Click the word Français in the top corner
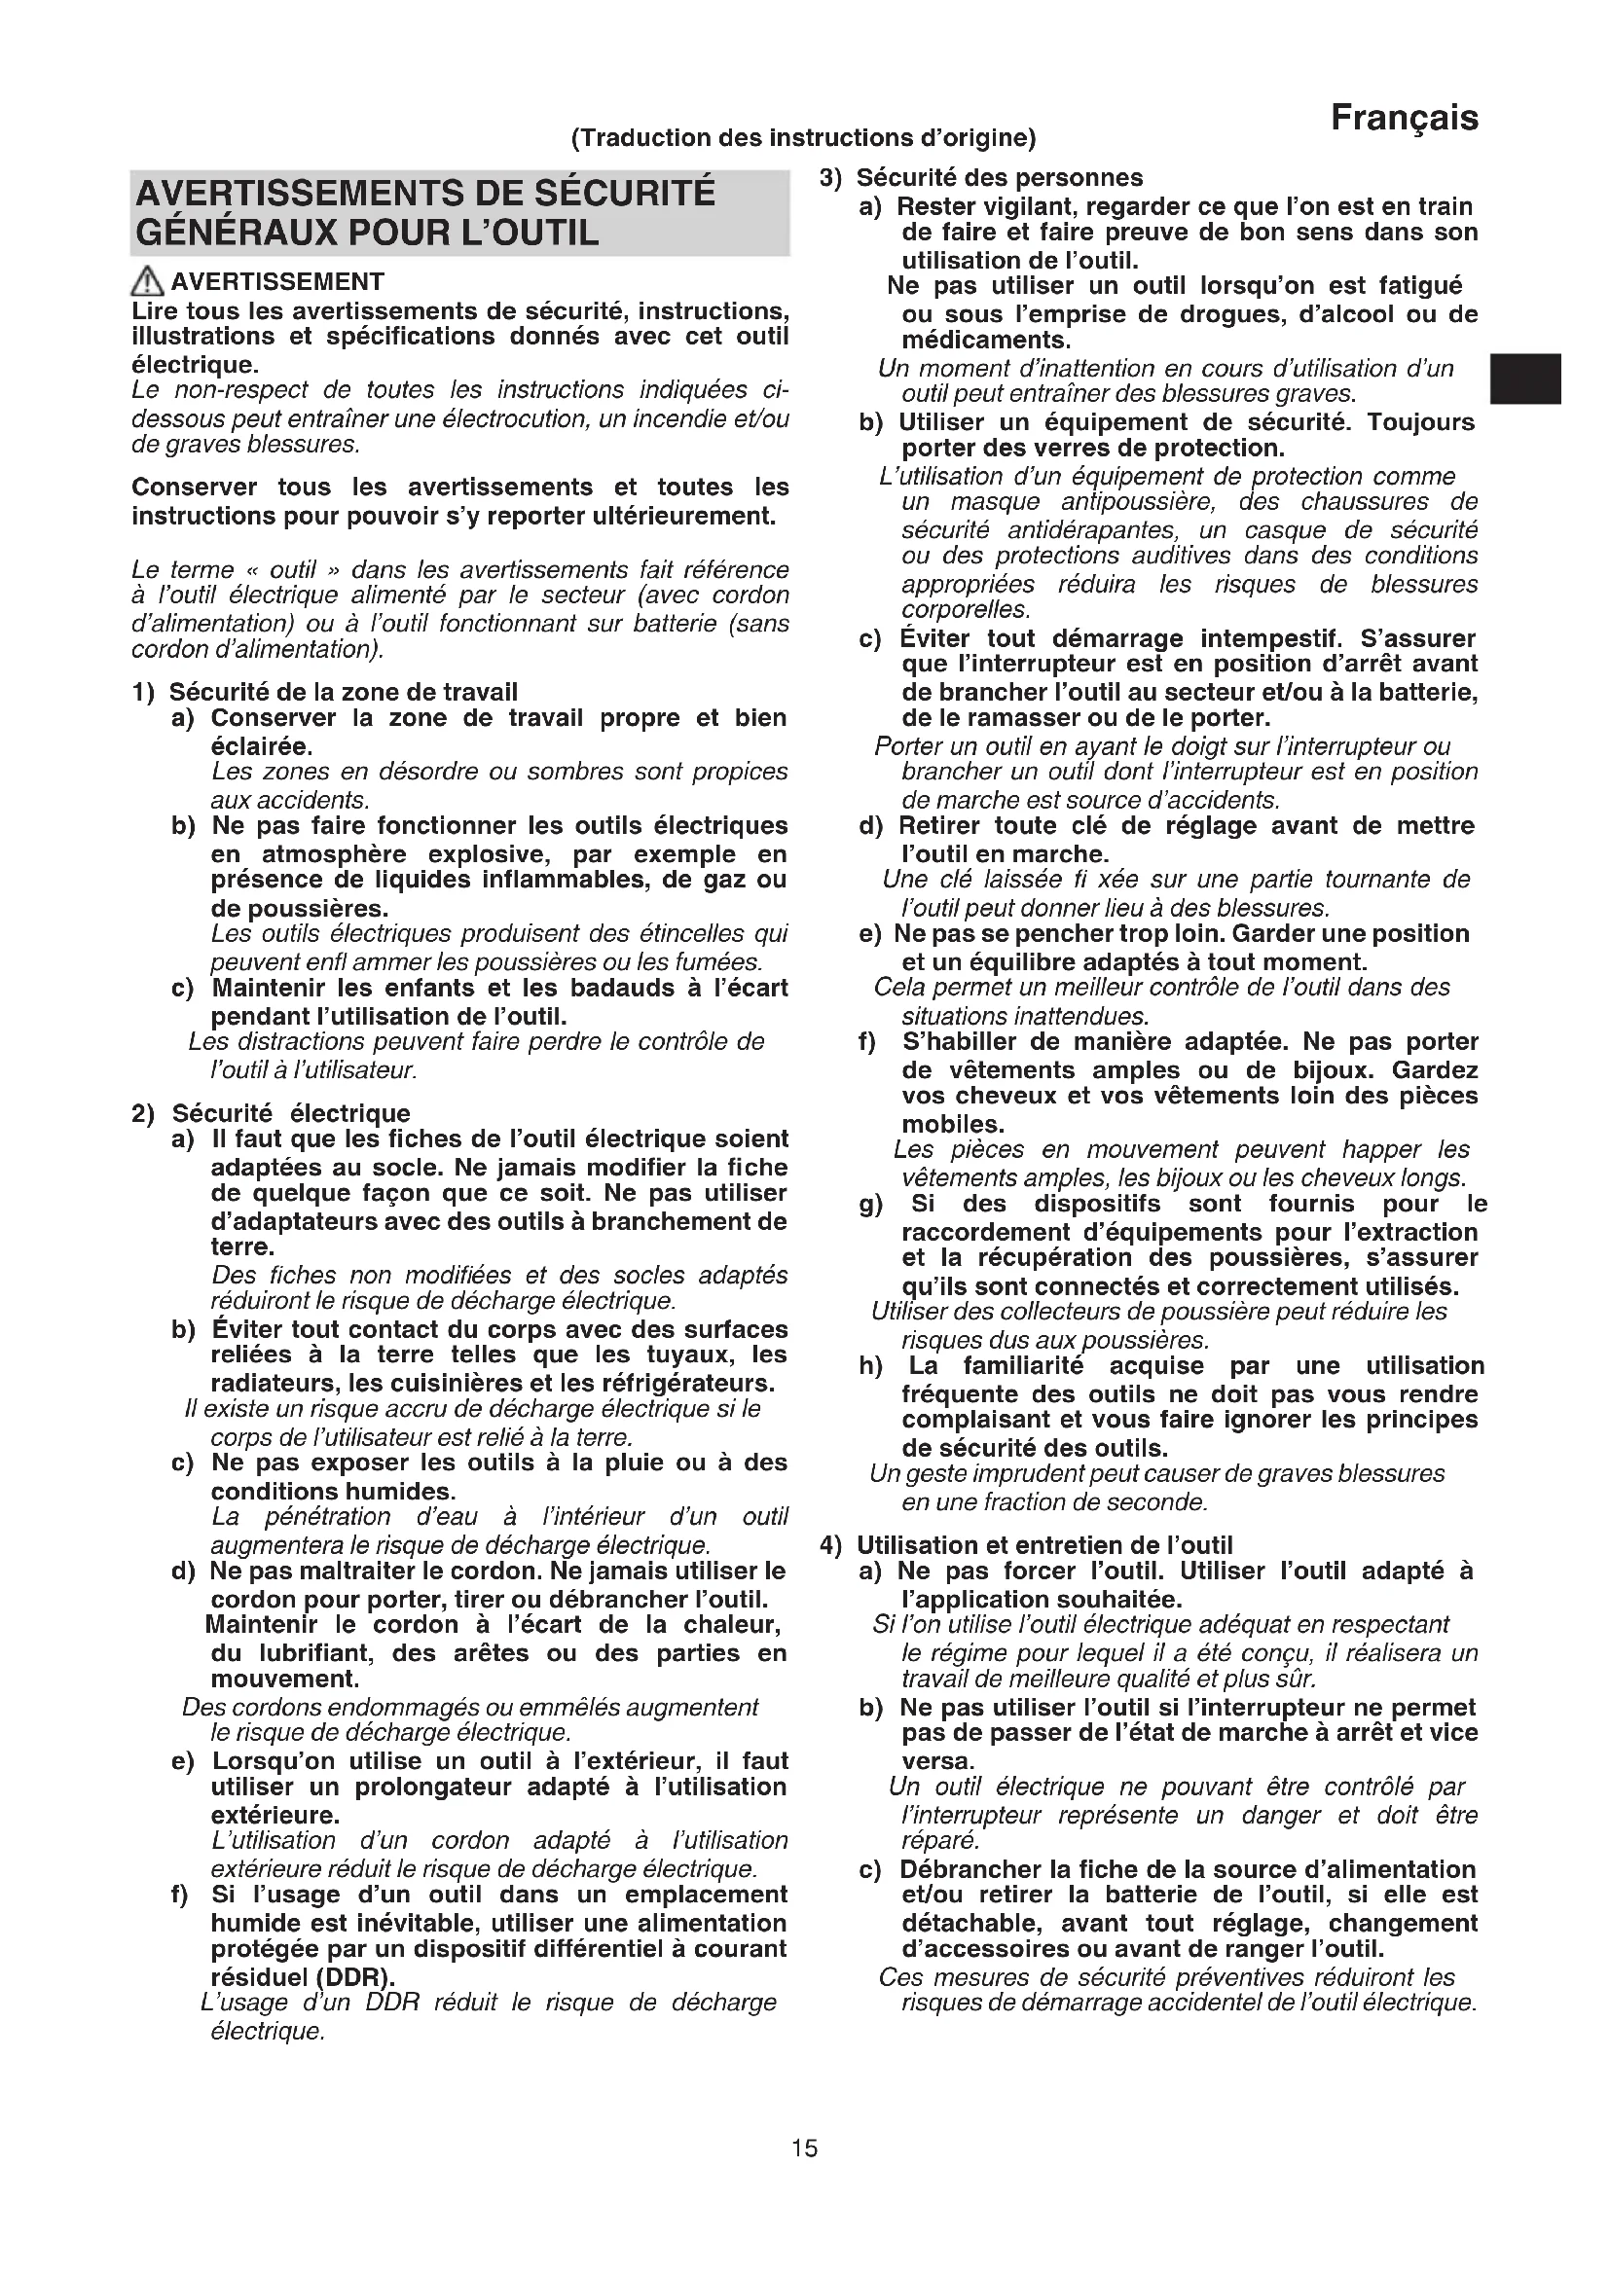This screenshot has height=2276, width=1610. pos(1404,119)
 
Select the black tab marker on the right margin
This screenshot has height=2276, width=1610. pos(1526,379)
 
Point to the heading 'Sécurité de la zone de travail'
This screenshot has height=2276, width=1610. pos(343,692)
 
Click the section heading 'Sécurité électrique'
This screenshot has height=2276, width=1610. pos(290,1113)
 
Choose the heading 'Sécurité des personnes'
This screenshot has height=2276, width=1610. pos(1000,177)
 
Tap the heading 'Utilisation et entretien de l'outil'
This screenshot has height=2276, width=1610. pos(1043,1545)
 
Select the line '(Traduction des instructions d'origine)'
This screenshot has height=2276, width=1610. pos(803,138)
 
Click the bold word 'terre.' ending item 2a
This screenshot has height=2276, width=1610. pos(242,1247)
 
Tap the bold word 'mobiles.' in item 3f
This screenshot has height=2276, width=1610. pos(953,1124)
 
